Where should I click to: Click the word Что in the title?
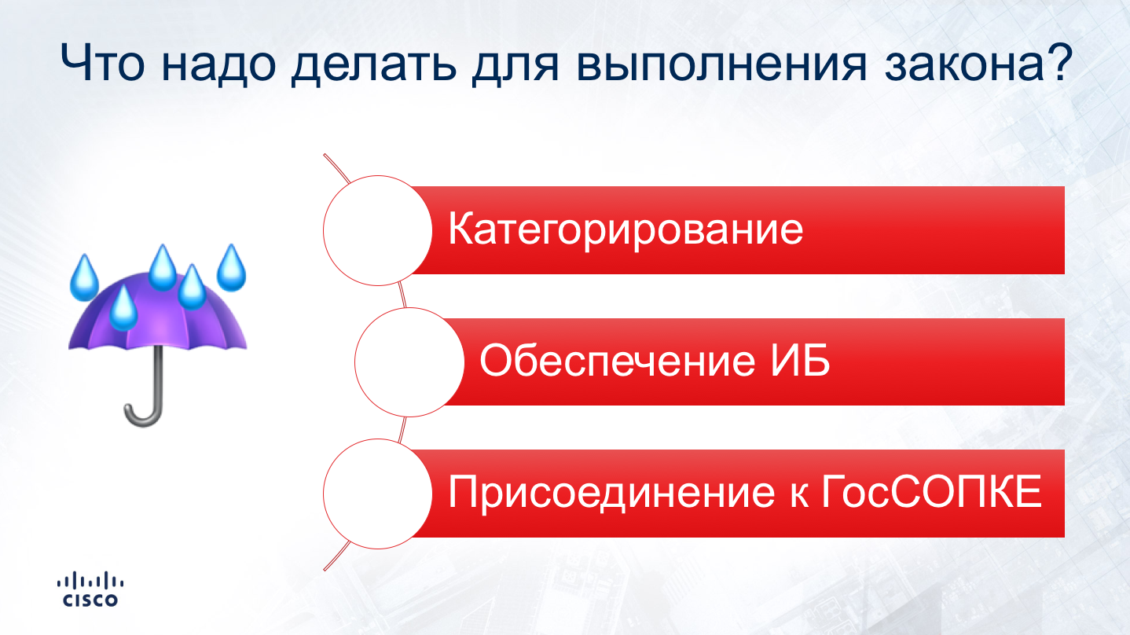point(102,63)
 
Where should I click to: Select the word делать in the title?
point(374,65)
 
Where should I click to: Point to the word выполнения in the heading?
point(721,64)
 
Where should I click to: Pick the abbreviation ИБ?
point(800,360)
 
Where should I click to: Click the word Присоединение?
point(611,492)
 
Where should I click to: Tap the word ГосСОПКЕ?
point(931,491)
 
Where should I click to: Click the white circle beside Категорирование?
point(377,230)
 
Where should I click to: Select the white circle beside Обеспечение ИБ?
point(409,362)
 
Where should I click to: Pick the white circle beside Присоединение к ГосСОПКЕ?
point(377,494)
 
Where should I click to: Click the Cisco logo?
point(90,589)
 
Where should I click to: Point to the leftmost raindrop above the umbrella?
point(84,278)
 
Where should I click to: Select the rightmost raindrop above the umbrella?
point(231,268)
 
